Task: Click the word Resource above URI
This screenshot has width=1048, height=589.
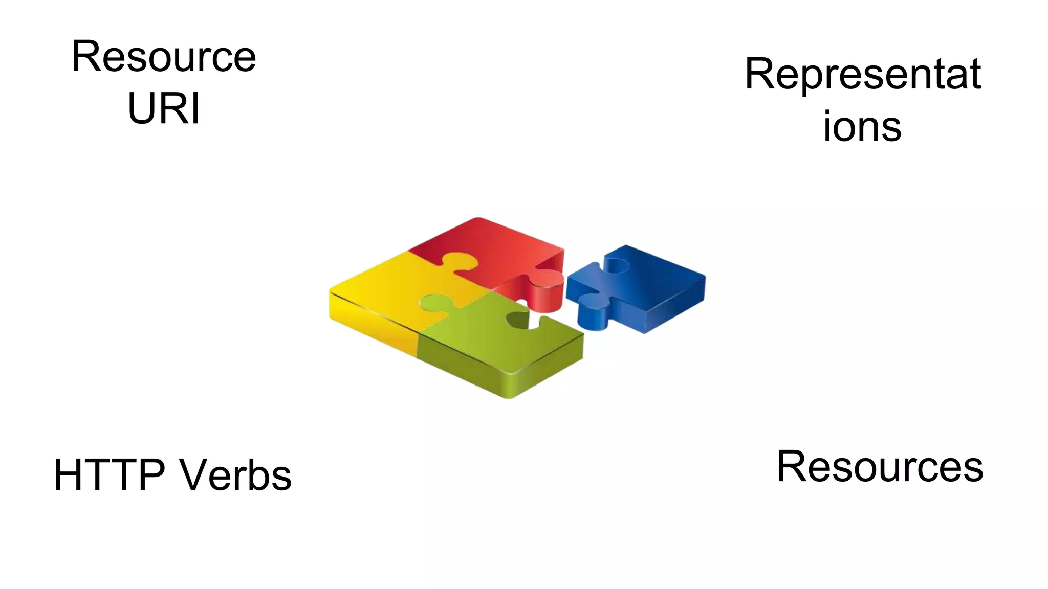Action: coord(164,56)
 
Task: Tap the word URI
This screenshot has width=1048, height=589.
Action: coord(164,108)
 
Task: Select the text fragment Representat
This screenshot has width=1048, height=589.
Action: coord(863,75)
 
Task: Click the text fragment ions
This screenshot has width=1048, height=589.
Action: coord(862,126)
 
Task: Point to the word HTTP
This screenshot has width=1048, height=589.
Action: coord(109,475)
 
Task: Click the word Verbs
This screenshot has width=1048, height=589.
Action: coord(236,475)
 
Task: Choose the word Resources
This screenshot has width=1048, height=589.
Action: coord(880,466)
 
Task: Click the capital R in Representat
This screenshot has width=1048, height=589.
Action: coord(759,75)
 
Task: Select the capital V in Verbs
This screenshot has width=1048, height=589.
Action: coord(196,475)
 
